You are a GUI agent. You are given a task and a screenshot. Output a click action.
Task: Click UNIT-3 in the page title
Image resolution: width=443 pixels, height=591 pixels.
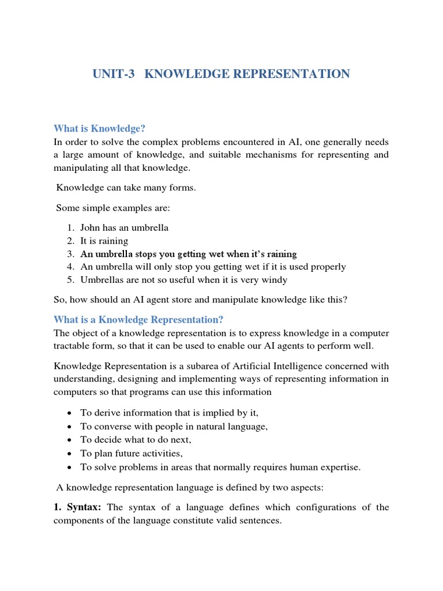[114, 74]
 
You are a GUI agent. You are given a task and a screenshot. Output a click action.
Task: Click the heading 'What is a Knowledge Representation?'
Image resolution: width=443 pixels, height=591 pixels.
[138, 319]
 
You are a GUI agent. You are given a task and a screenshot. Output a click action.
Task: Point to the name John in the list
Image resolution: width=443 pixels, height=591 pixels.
[91, 227]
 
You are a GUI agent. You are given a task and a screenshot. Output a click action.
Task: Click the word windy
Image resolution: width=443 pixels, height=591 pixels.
[275, 280]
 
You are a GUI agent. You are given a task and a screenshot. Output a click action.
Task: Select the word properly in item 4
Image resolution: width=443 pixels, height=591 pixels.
[326, 267]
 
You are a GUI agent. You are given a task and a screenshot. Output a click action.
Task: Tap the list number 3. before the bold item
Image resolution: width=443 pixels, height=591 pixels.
[70, 254]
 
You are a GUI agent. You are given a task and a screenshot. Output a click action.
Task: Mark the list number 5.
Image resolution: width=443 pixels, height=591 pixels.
[70, 280]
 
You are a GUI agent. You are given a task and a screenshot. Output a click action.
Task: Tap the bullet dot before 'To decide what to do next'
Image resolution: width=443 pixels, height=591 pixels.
[69, 440]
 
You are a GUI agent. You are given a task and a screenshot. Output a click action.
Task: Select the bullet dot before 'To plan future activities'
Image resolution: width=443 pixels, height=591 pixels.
[69, 454]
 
